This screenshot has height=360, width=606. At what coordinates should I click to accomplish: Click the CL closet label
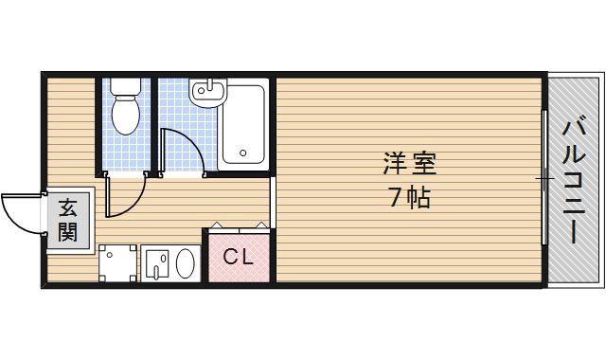(x=237, y=257)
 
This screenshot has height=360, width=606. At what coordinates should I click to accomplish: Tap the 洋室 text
(x=409, y=162)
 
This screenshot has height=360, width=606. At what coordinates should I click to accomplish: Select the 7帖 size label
(x=409, y=199)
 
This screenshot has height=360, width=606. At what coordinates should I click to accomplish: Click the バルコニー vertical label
(x=575, y=180)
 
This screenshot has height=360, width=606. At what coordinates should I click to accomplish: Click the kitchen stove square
(x=117, y=262)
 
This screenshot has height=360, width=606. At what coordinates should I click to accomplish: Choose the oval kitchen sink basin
(x=186, y=262)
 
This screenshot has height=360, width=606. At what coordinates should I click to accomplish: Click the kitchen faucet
(x=157, y=263)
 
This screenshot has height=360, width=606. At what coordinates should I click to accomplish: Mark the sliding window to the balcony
(x=544, y=178)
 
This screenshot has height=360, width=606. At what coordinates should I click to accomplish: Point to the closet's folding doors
(x=237, y=227)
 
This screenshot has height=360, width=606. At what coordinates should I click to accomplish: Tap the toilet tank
(x=124, y=85)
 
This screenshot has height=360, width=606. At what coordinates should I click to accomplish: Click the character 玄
(x=67, y=207)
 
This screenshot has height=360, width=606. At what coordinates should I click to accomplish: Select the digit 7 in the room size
(x=394, y=199)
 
